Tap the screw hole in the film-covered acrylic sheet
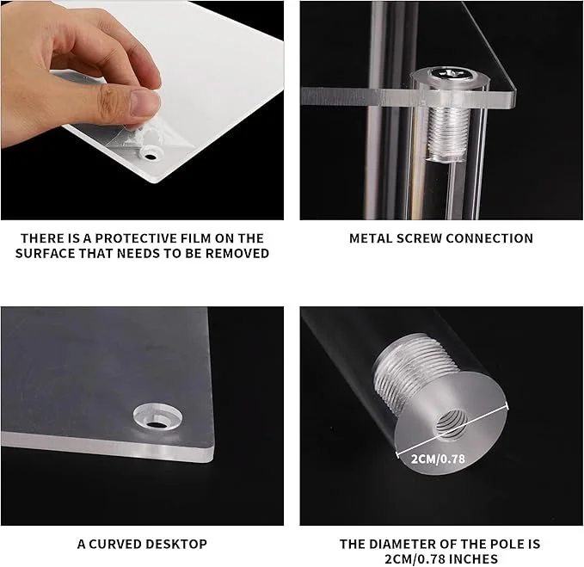coord(151,156)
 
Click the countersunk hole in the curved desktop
coord(157,416)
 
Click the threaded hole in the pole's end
coord(451,423)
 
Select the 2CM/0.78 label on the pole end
coord(438,459)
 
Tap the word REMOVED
coord(237,253)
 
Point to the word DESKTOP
coord(176,544)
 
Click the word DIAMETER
coord(401,544)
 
